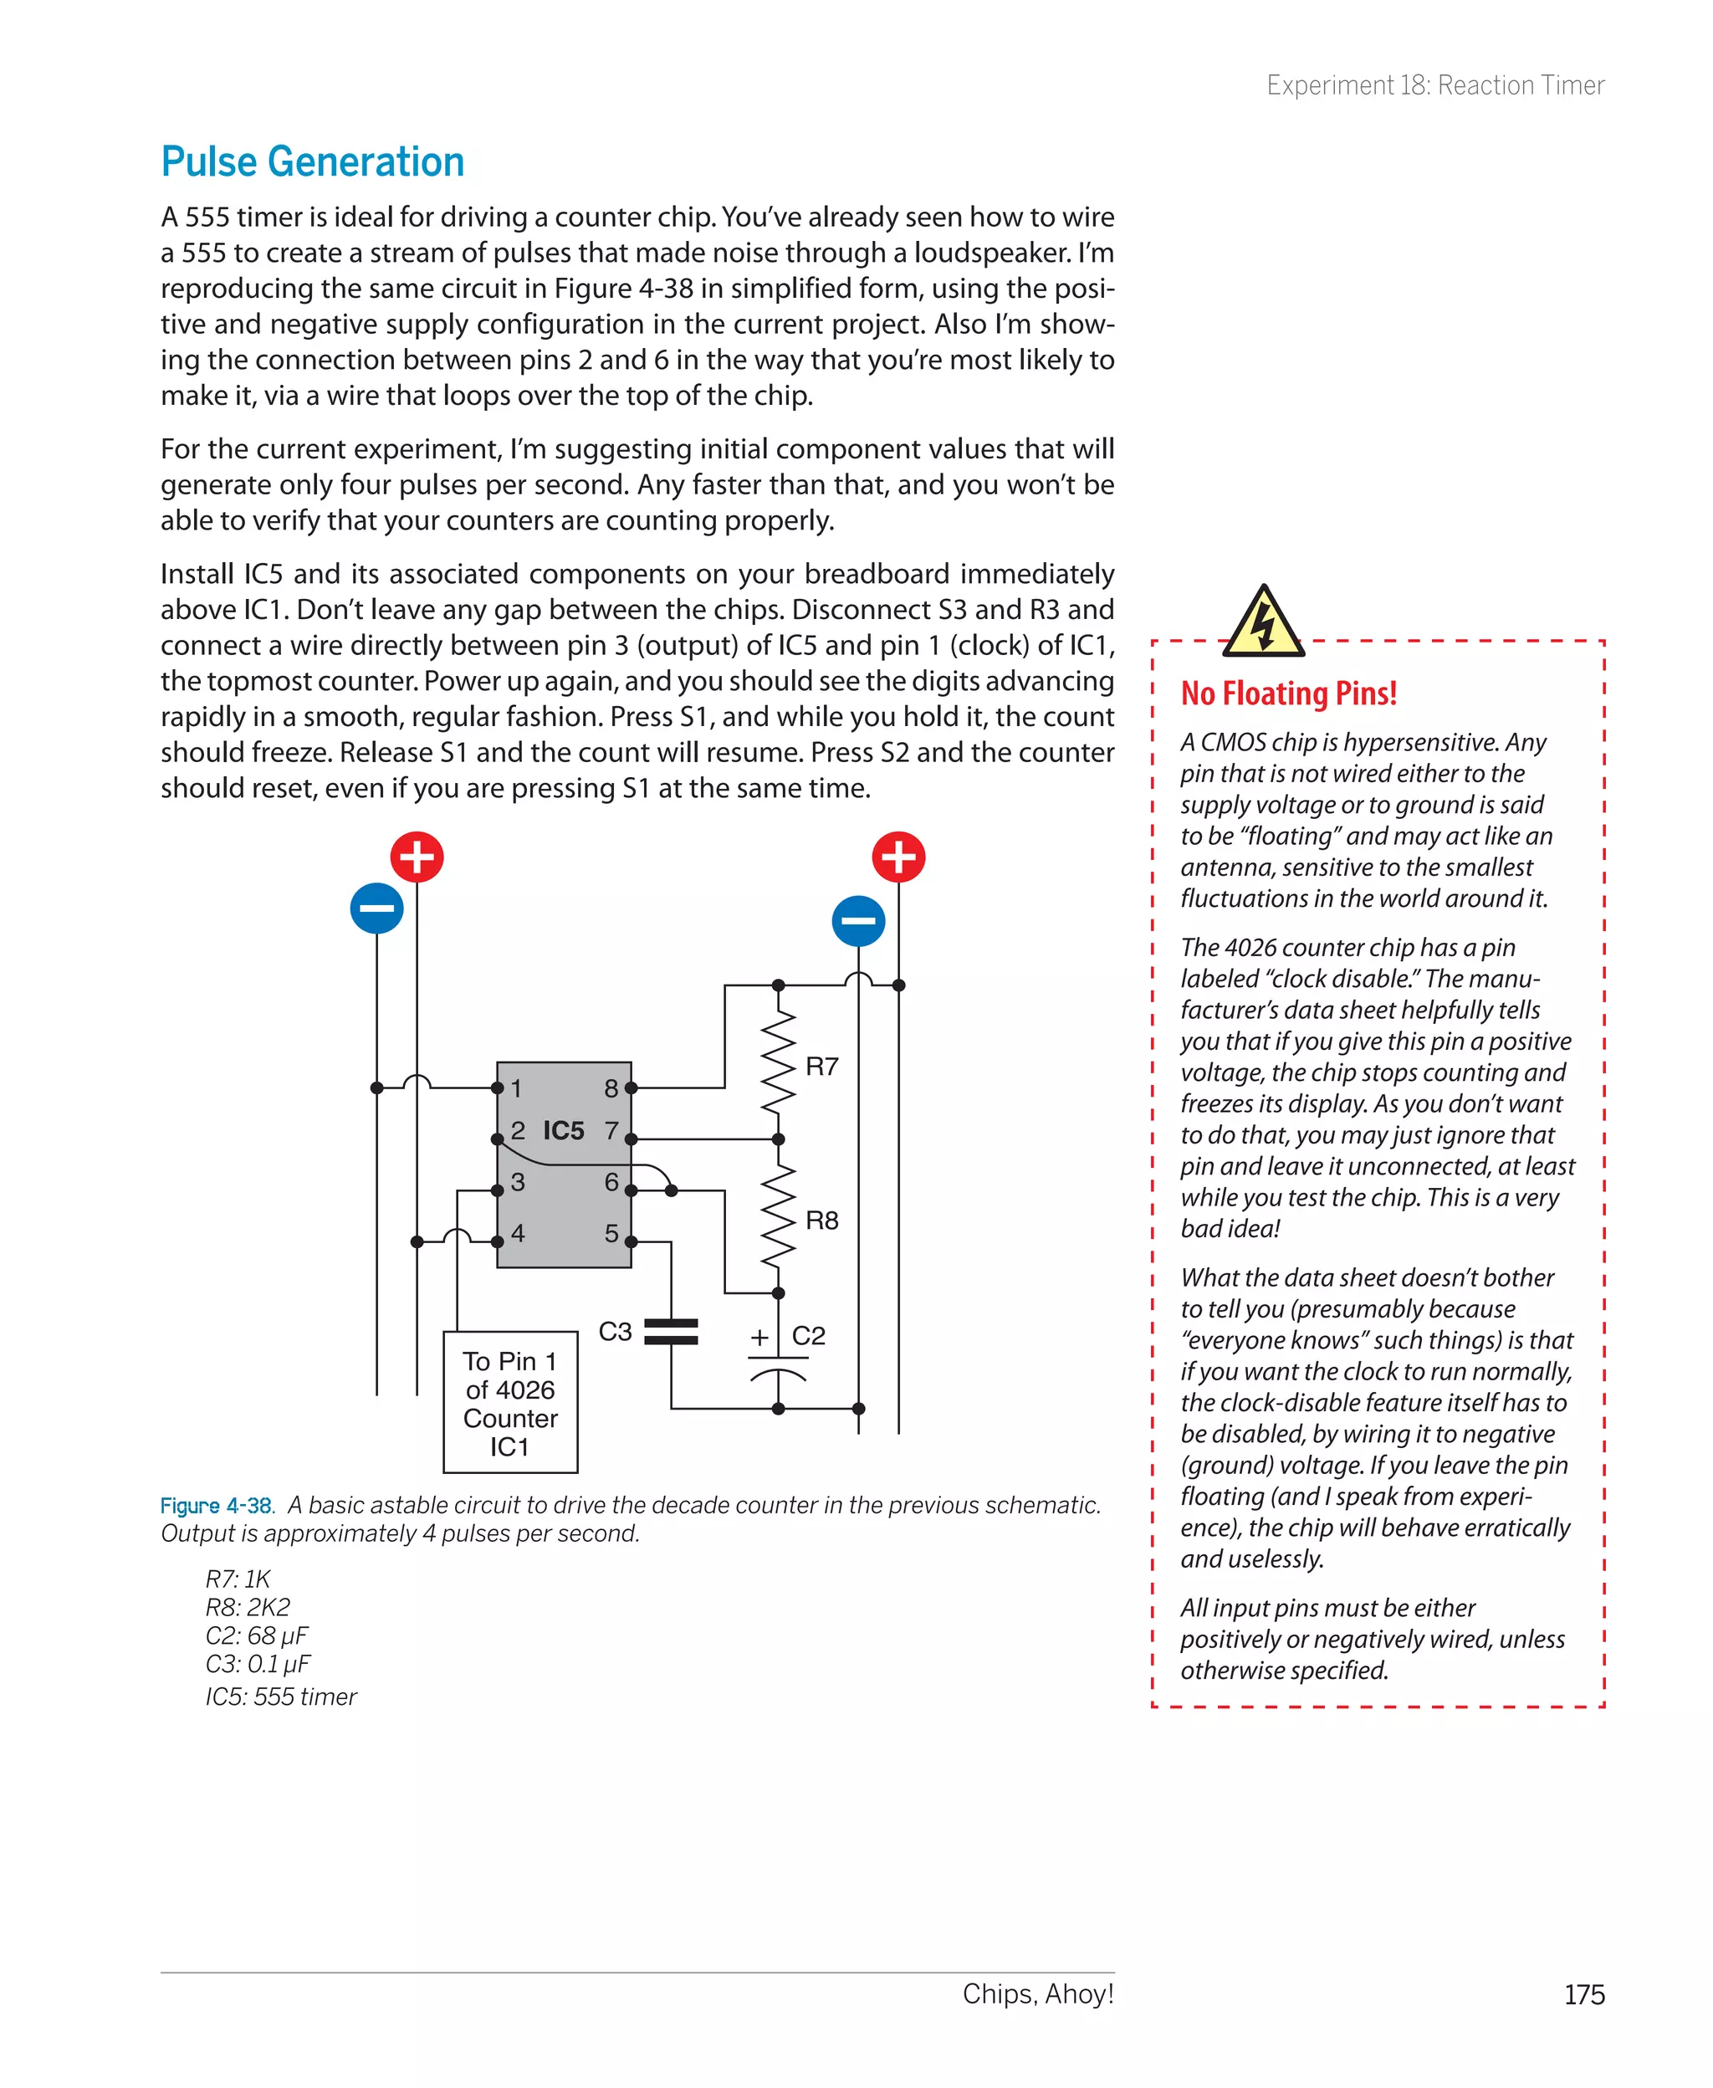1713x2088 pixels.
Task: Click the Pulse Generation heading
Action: (312, 161)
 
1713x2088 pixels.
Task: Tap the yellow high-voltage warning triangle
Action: (1262, 622)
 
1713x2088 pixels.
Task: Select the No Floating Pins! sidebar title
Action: (1288, 693)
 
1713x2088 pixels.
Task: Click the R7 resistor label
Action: (821, 1067)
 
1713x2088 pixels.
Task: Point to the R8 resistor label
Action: (821, 1221)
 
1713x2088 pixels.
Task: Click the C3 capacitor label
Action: (615, 1331)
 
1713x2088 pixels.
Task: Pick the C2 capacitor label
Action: (808, 1335)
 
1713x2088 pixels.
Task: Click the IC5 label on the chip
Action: (564, 1131)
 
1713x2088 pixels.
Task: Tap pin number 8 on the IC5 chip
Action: (611, 1088)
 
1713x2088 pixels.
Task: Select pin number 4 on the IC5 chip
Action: (518, 1233)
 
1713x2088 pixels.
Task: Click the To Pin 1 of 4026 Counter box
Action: (510, 1402)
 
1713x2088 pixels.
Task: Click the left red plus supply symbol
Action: (417, 857)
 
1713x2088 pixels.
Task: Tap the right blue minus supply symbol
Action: (857, 921)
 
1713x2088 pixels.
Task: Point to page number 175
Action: (1583, 1994)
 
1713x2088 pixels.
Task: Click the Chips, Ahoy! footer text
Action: (1037, 1993)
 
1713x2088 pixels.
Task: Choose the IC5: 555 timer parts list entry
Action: (281, 1696)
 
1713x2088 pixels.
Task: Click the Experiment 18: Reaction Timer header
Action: (1434, 86)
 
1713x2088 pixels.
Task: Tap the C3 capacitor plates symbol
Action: (671, 1332)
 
